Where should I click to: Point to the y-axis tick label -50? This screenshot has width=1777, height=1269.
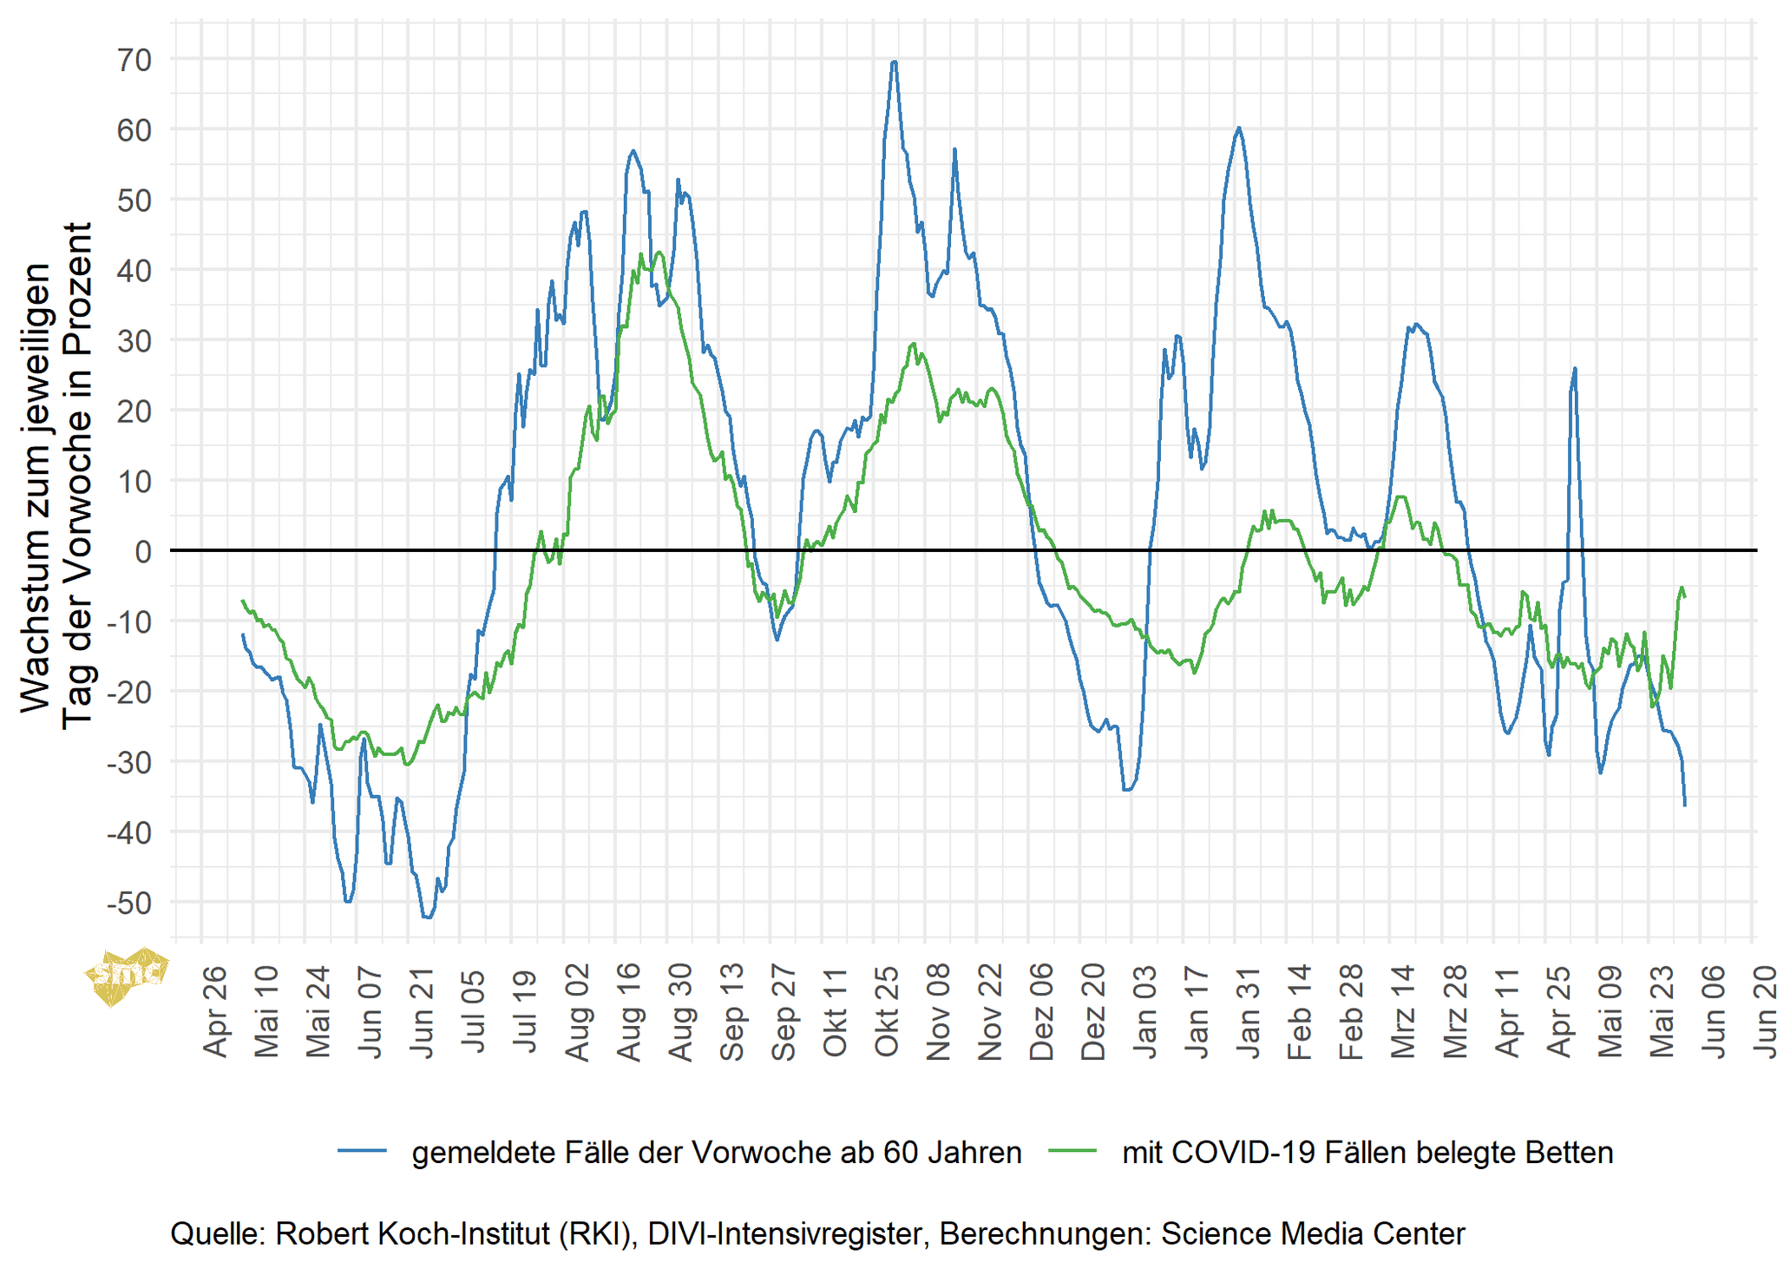click(x=129, y=904)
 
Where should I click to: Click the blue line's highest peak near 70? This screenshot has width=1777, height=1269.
click(x=894, y=62)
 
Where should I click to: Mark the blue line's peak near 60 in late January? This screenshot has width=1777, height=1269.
click(x=1238, y=128)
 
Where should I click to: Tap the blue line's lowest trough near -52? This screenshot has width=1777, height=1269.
click(x=428, y=917)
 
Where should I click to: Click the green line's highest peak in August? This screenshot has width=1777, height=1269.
click(x=659, y=253)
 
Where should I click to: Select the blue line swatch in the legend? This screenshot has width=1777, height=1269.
click(x=362, y=1152)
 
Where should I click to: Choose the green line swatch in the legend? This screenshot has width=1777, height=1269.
click(x=1072, y=1152)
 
